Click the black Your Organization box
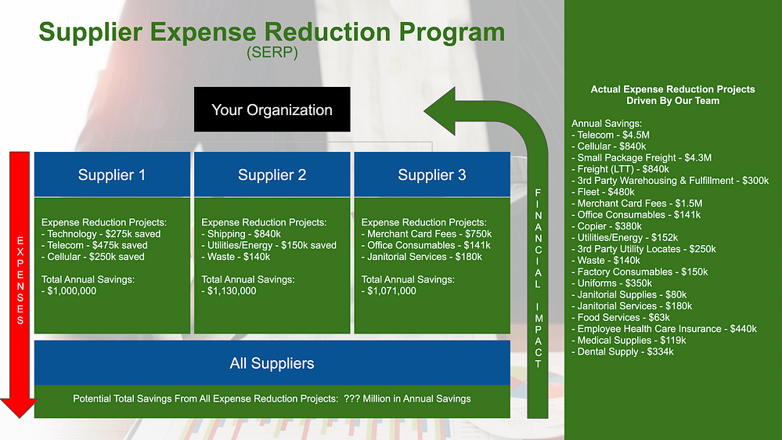(272, 110)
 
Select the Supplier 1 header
(112, 175)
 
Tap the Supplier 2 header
(272, 175)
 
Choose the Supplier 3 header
(432, 175)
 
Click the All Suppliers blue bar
(272, 363)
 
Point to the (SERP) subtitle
(272, 54)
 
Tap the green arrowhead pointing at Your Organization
(442, 110)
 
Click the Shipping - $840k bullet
(241, 234)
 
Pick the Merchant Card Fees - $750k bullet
(427, 234)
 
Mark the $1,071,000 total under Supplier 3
(392, 291)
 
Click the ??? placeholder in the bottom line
(352, 399)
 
